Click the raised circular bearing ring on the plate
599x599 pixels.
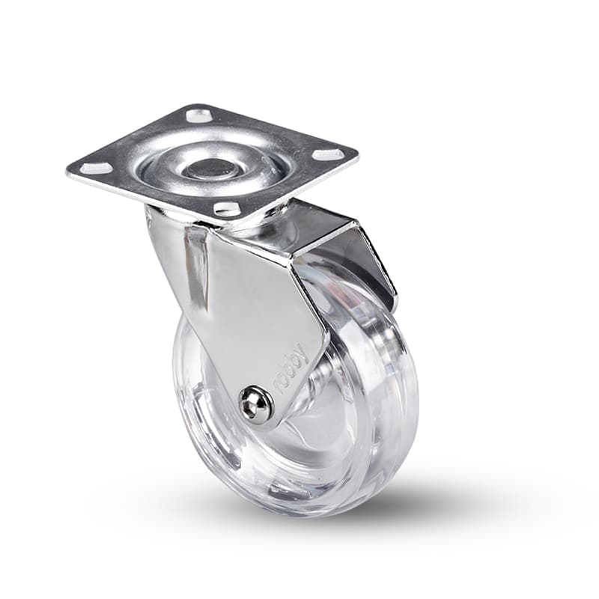click(218, 169)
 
